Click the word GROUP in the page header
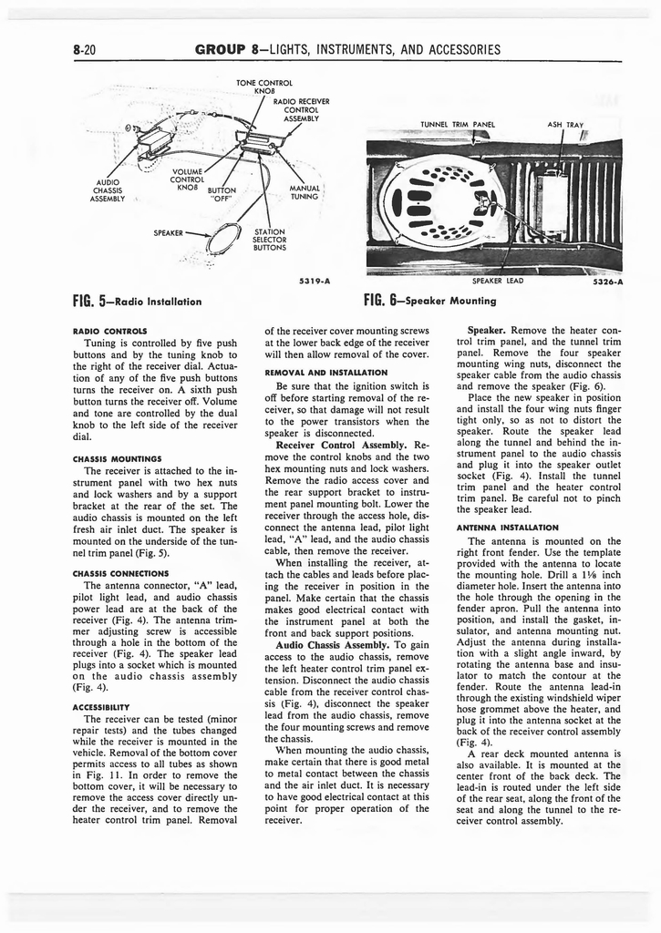223,49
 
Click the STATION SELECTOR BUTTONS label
271,239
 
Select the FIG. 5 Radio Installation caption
137,300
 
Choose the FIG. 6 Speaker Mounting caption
429,300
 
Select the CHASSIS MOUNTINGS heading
112,458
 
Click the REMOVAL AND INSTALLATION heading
325,372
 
